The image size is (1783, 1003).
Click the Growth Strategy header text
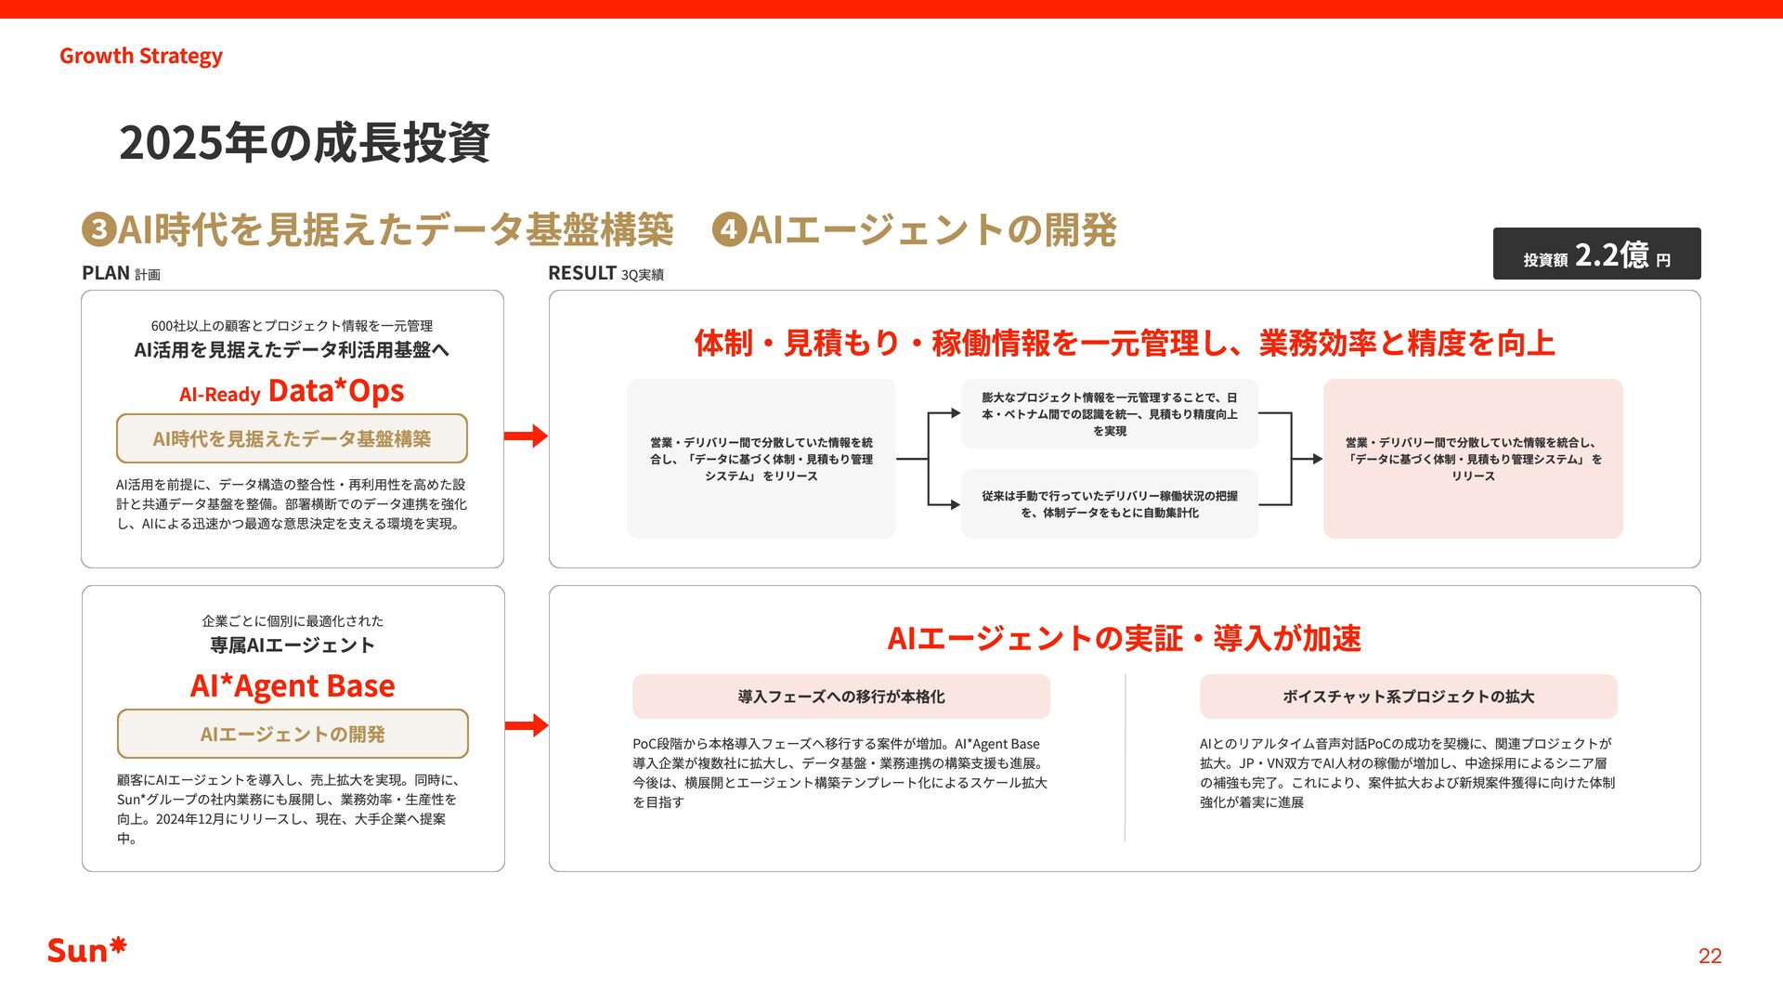pyautogui.click(x=141, y=56)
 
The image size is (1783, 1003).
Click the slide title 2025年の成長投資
pyautogui.click(x=304, y=143)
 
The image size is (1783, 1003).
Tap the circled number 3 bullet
pyautogui.click(x=98, y=229)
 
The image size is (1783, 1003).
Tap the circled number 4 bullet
pyautogui.click(x=729, y=229)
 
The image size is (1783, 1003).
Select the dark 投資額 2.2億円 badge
pyautogui.click(x=1596, y=254)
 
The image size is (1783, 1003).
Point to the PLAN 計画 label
pyautogui.click(x=121, y=273)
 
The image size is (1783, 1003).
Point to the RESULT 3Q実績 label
pyautogui.click(x=605, y=273)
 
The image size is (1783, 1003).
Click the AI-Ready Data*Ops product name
pyautogui.click(x=292, y=391)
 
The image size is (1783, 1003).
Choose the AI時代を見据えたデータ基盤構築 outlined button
pyautogui.click(x=292, y=438)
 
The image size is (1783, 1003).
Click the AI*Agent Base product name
pyautogui.click(x=293, y=686)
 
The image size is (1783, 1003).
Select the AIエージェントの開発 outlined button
pyautogui.click(x=293, y=734)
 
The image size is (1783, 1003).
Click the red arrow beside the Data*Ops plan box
pyautogui.click(x=526, y=436)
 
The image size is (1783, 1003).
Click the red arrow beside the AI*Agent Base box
pyautogui.click(x=527, y=725)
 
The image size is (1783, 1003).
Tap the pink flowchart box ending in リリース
pyautogui.click(x=1473, y=459)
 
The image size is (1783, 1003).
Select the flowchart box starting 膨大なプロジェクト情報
pyautogui.click(x=1109, y=414)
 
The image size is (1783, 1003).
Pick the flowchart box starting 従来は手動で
pyautogui.click(x=1109, y=504)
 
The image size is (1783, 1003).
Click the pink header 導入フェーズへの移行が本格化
pyautogui.click(x=840, y=697)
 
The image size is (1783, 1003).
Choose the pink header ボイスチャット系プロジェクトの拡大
pyautogui.click(x=1408, y=697)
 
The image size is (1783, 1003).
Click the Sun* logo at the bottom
pyautogui.click(x=86, y=950)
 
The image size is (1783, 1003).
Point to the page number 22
pyautogui.click(x=1710, y=957)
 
